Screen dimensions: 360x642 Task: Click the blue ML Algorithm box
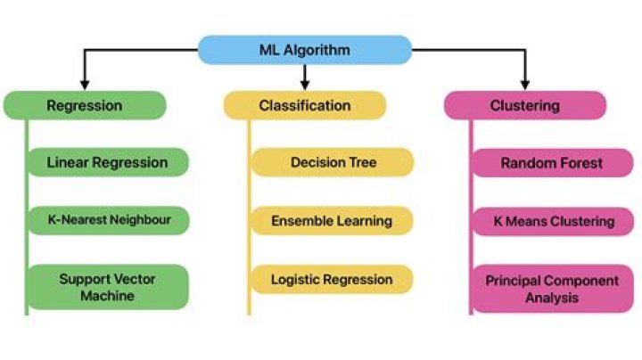click(x=304, y=50)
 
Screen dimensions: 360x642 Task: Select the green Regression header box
click(x=85, y=105)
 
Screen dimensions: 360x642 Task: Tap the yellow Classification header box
click(x=304, y=105)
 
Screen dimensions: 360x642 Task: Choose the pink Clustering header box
click(x=525, y=105)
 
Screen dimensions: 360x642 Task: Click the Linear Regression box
click(x=107, y=162)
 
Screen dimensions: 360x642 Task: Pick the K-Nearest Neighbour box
click(x=107, y=218)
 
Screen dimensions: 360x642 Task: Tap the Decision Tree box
click(x=333, y=162)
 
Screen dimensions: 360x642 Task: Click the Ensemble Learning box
click(x=333, y=220)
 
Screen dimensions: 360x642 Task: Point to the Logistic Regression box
click(x=333, y=279)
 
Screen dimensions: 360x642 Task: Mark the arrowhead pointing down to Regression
click(x=85, y=84)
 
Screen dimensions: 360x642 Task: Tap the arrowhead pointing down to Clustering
click(x=525, y=84)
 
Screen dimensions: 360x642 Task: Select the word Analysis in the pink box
click(x=551, y=299)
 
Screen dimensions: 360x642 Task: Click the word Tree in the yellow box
click(x=362, y=163)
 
